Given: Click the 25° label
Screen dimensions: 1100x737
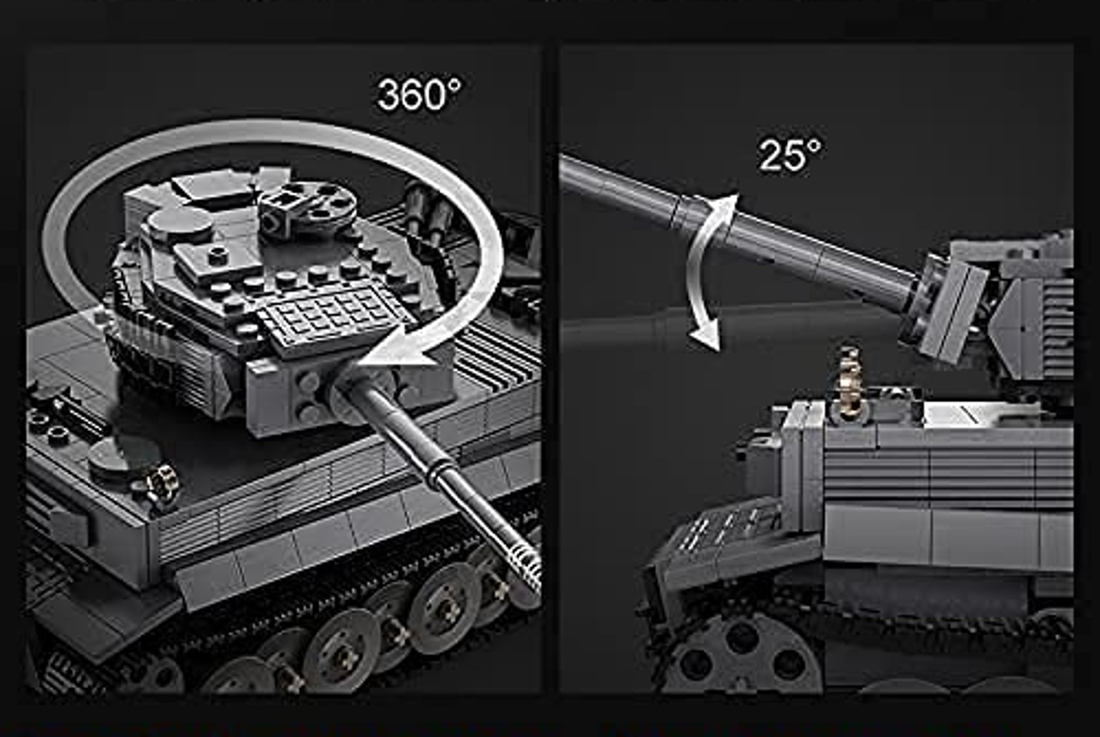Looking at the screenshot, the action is point(790,154).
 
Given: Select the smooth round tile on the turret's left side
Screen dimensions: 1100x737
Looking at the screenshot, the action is point(179,225).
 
